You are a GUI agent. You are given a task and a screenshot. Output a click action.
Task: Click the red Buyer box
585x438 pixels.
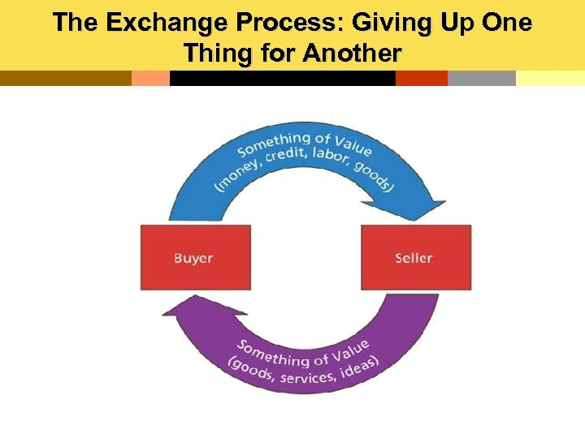(x=196, y=257)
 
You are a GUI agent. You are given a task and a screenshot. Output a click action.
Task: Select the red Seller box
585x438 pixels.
(x=415, y=257)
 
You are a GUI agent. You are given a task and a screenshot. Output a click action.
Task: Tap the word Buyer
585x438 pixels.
(x=193, y=258)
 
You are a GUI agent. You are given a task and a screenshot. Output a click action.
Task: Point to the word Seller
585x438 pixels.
(x=414, y=258)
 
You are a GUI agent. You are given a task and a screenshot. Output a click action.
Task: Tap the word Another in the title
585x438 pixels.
(x=353, y=54)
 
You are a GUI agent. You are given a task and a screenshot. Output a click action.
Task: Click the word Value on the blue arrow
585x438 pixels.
(x=349, y=145)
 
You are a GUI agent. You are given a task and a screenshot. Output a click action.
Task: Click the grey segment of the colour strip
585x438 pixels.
(x=481, y=78)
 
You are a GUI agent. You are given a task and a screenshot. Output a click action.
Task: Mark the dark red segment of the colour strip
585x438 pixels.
(x=421, y=78)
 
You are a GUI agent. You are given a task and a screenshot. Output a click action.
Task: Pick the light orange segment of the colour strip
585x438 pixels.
(x=150, y=78)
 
